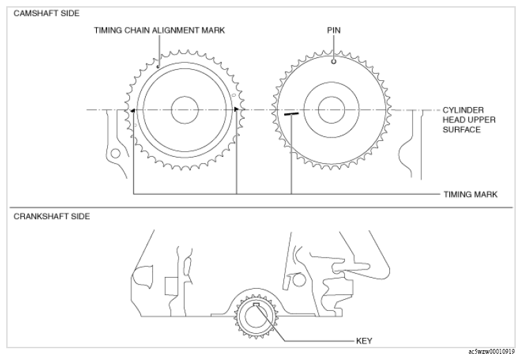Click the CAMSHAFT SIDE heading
pos(46,13)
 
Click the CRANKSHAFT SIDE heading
pos(52,216)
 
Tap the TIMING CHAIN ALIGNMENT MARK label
pos(159,30)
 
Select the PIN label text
pos(333,30)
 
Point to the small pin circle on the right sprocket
pos(333,61)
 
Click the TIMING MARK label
pos(470,194)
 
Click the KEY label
pos(364,341)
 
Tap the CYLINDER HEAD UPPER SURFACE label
pos(469,120)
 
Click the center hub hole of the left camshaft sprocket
pos(185,110)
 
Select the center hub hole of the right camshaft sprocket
pos(331,110)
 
